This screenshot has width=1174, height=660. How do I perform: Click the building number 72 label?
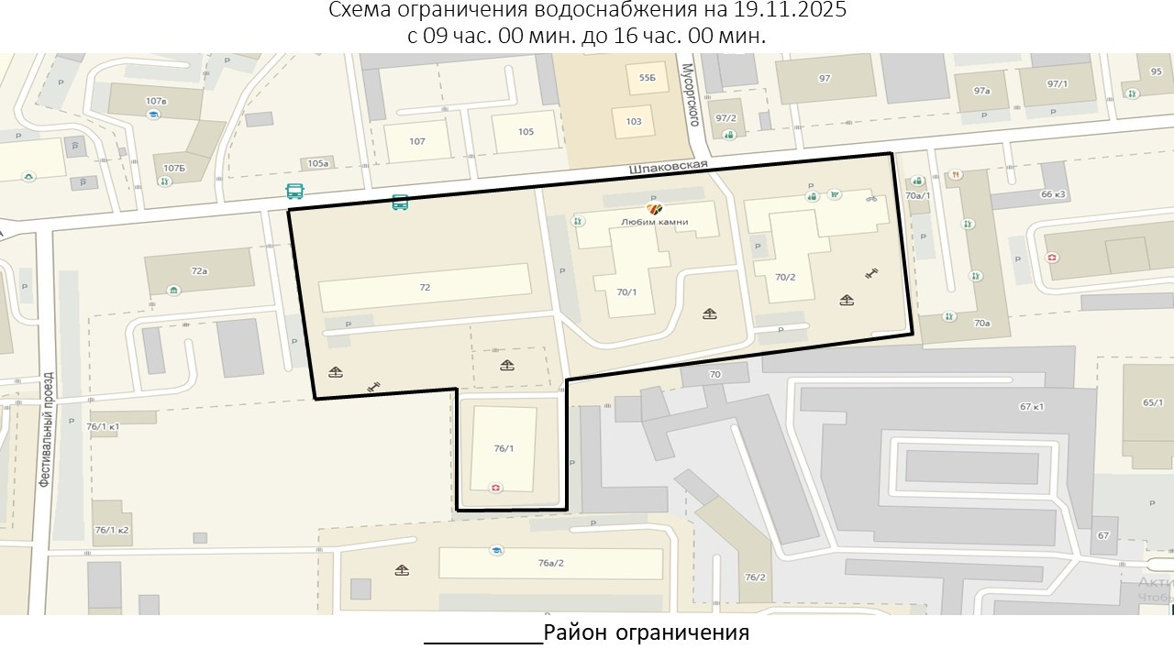425,287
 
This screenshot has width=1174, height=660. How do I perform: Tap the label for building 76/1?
504,448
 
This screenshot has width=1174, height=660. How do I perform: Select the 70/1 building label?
627,292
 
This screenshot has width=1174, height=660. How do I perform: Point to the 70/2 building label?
785,277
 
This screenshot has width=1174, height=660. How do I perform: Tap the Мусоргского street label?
693,95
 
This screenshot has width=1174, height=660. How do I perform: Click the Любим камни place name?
654,222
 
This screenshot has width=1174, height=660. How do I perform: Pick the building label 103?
634,121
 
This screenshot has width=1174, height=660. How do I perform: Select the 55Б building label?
648,79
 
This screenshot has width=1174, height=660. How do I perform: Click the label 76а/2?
550,563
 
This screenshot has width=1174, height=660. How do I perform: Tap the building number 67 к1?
1032,407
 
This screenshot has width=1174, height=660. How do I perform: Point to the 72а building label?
199,271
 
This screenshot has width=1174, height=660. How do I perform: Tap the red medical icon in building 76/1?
496,488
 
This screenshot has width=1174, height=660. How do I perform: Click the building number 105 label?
526,132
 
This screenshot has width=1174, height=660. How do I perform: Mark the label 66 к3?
1053,194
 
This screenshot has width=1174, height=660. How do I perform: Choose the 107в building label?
156,101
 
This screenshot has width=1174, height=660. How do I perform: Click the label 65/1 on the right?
1153,402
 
